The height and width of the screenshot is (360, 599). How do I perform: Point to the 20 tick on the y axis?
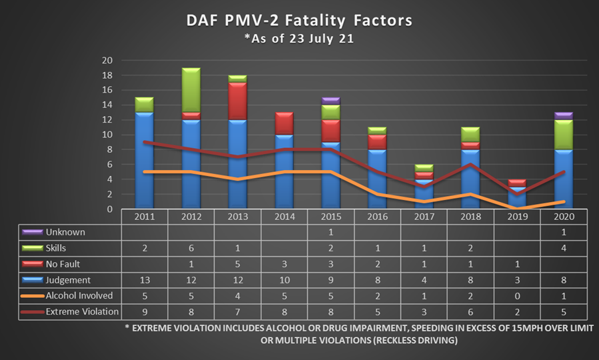[107, 61]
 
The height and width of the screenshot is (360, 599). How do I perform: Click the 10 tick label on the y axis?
[107, 135]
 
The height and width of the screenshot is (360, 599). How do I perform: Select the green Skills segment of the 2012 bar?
[191, 90]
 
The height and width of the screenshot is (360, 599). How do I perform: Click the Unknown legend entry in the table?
[64, 232]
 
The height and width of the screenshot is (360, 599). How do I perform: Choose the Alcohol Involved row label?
[77, 295]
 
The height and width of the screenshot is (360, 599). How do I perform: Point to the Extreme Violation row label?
[81, 311]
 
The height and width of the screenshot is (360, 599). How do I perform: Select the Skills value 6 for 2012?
[191, 248]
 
